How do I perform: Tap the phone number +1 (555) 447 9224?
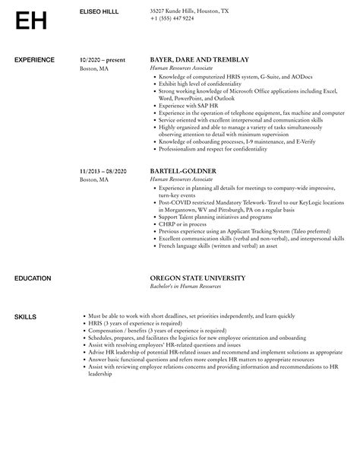click(x=172, y=18)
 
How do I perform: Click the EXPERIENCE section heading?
click(x=34, y=59)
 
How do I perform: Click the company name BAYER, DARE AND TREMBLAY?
click(x=200, y=59)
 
